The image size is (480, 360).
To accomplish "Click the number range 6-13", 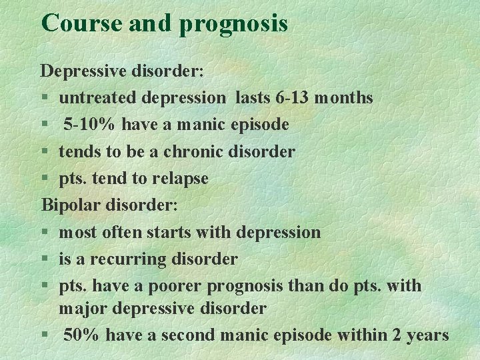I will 291,98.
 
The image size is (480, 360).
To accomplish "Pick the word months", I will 343,98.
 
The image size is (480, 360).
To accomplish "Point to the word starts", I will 169,232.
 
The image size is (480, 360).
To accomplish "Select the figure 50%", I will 83,335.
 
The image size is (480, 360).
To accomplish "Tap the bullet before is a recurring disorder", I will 45,259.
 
